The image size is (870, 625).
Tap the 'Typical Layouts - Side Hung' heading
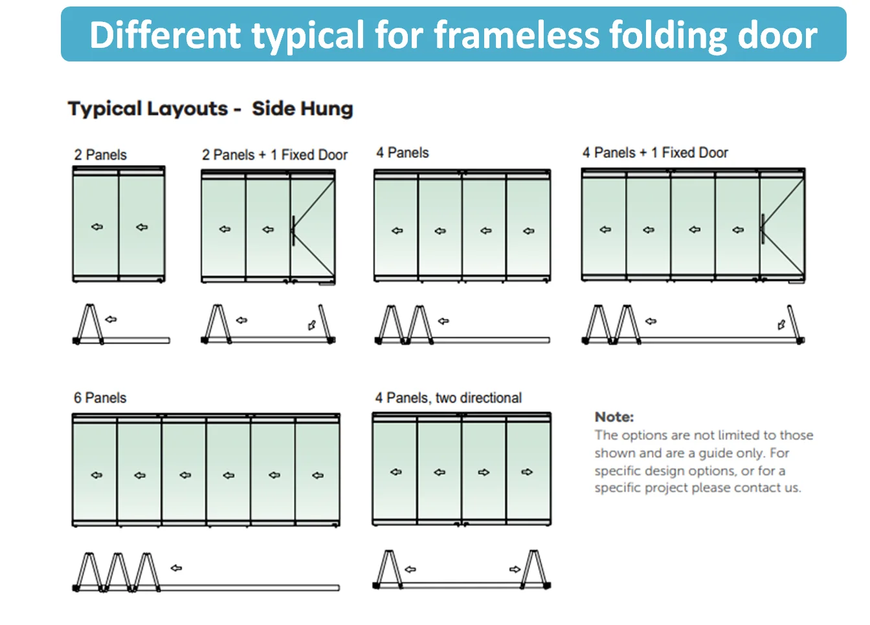click(x=210, y=109)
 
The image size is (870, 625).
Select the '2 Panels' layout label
click(x=100, y=155)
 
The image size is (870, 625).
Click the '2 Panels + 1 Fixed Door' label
click(x=274, y=155)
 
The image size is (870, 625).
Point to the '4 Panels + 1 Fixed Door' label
click(x=655, y=153)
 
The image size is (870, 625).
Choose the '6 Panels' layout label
click(x=100, y=398)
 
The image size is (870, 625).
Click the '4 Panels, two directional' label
click(x=448, y=398)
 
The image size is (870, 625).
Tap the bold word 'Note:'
click(x=614, y=417)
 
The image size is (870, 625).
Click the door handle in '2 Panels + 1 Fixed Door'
click(x=293, y=230)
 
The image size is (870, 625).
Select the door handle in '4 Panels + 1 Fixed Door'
click(x=763, y=229)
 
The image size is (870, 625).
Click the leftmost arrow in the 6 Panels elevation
click(x=96, y=475)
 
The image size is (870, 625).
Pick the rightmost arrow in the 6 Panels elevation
click(x=317, y=475)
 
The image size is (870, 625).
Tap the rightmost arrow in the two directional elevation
click(x=527, y=472)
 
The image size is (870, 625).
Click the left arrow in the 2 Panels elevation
click(x=96, y=227)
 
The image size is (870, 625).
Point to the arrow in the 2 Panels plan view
click(x=111, y=319)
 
